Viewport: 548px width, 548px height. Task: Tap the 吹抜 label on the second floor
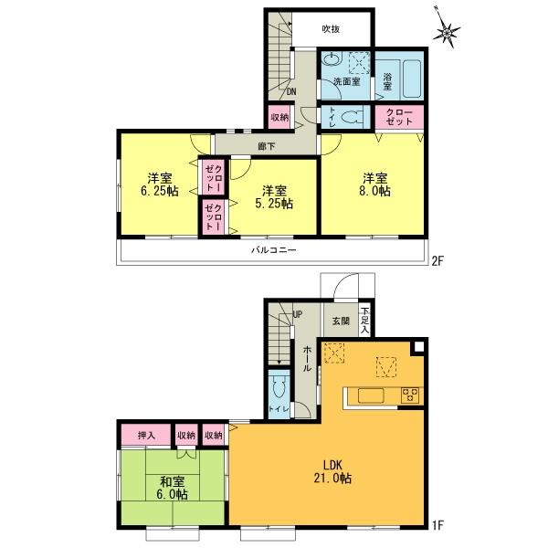(332, 29)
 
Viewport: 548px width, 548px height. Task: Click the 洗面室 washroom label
(345, 82)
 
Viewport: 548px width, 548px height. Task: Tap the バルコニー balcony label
(273, 249)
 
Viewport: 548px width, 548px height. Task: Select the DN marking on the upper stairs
(291, 92)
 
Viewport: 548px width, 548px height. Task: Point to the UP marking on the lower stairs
(297, 316)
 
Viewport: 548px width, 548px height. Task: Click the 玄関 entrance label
(340, 321)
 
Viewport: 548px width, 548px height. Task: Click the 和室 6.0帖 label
(169, 488)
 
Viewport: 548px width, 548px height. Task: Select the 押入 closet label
(145, 436)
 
